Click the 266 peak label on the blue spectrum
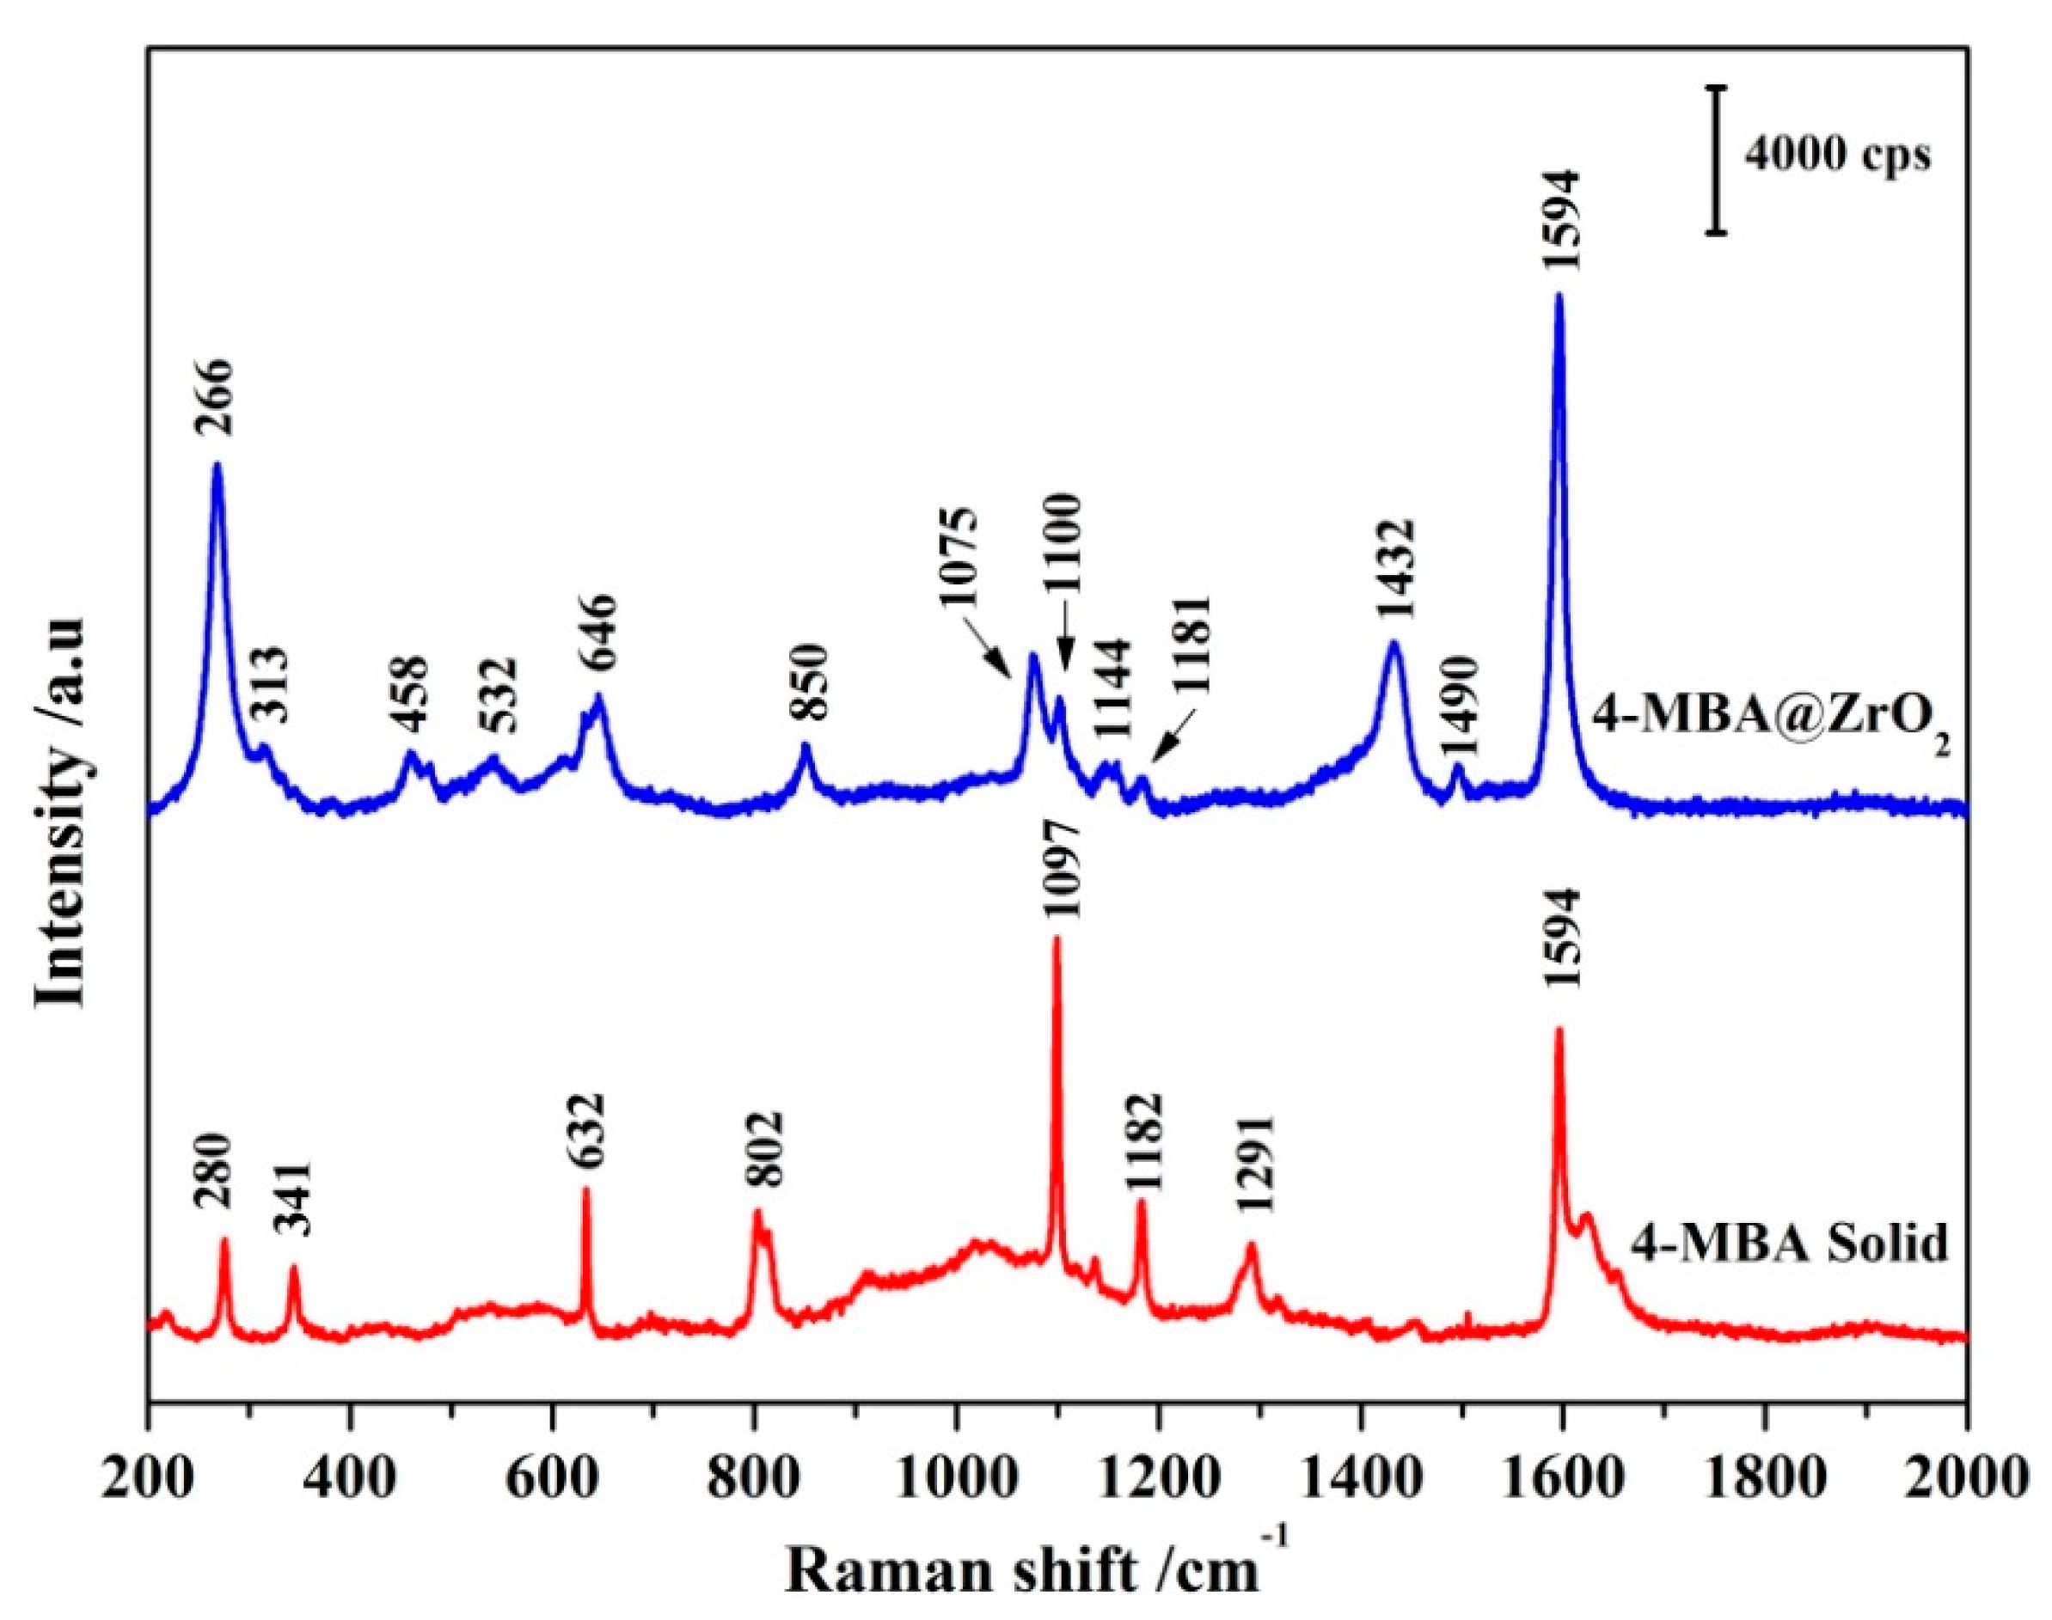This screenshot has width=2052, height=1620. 214,396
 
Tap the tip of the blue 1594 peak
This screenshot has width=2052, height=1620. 1558,322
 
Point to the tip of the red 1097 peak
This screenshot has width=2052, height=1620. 1057,937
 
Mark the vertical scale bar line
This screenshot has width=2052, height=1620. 1715,158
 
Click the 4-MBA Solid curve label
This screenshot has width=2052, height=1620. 1789,1244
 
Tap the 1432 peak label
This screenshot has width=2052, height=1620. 1398,569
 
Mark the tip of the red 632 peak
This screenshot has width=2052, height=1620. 585,1189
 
